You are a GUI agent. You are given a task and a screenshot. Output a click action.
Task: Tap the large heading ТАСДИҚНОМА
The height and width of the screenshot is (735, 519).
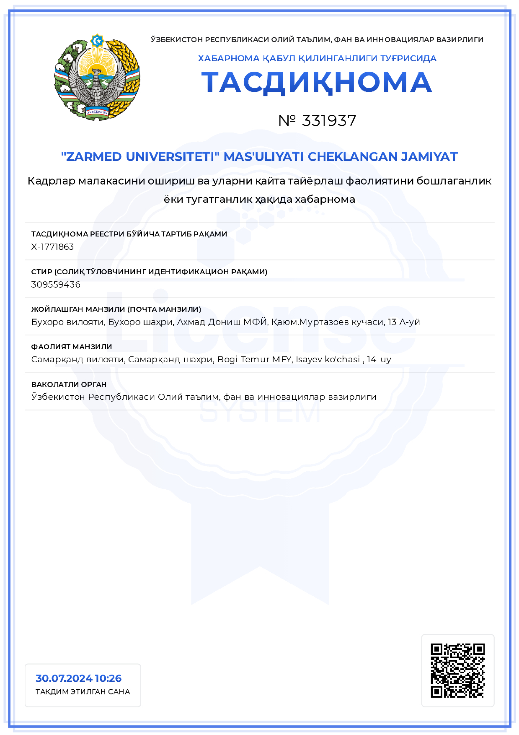click(317, 82)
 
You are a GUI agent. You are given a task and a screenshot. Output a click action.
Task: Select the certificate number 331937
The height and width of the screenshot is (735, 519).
click(329, 121)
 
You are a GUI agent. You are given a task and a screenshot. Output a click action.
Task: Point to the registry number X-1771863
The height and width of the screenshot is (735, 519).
click(52, 247)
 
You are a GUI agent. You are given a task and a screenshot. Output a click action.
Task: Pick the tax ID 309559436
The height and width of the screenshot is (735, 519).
click(56, 285)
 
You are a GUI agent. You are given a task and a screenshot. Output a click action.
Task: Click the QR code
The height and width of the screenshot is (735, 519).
click(457, 670)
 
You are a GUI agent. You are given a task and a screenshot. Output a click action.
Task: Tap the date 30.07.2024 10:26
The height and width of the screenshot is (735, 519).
click(78, 678)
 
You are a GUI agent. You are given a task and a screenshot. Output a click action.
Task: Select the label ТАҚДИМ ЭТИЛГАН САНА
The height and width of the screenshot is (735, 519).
click(83, 692)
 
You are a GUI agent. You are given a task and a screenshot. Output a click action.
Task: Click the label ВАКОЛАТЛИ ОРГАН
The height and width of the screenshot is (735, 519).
click(69, 384)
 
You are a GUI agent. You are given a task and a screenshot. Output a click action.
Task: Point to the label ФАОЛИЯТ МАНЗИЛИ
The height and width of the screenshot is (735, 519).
click(72, 347)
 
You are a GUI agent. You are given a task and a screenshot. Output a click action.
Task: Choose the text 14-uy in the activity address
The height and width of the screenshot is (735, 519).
click(379, 360)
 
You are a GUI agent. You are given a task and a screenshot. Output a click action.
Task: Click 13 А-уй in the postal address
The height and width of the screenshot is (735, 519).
click(404, 322)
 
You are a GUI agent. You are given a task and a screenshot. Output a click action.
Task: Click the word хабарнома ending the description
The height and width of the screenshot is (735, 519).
click(325, 200)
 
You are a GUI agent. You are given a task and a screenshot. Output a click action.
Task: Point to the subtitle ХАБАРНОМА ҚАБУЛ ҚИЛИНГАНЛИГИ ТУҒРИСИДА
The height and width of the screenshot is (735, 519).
click(317, 58)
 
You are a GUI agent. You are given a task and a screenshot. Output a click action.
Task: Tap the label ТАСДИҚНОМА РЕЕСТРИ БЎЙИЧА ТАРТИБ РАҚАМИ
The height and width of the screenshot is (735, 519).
click(129, 234)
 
